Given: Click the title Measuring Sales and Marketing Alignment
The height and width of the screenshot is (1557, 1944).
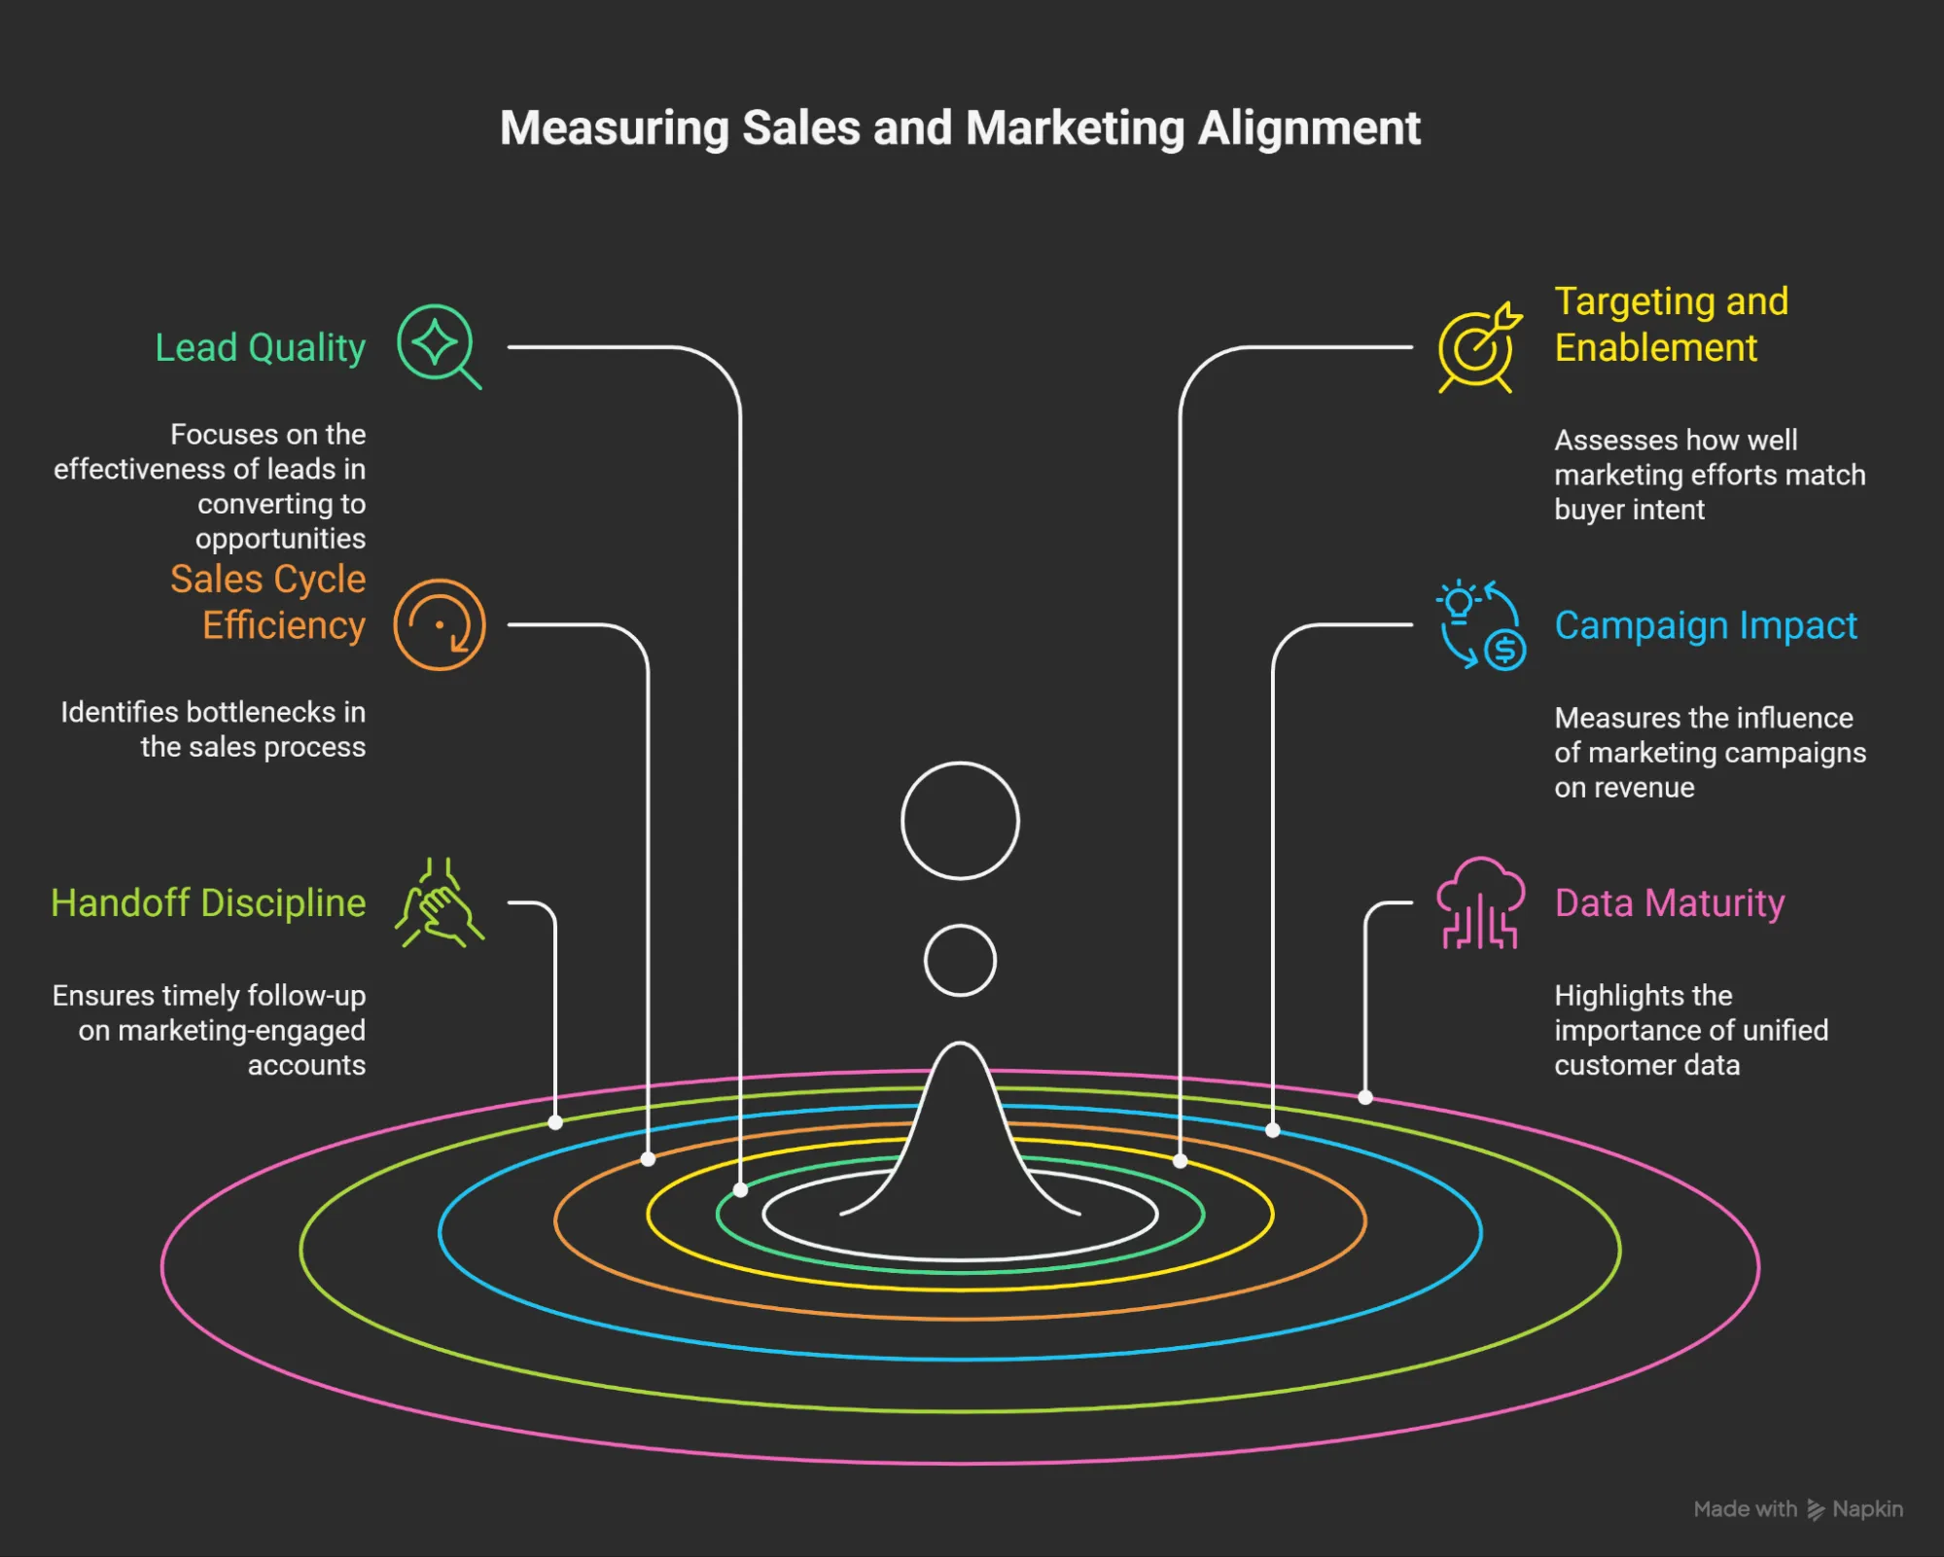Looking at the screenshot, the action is pyautogui.click(x=960, y=128).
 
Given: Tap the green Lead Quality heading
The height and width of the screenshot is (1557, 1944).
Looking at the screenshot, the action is pyautogui.click(x=260, y=347).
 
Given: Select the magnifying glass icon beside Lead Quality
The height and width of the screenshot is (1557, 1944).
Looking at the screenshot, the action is pyautogui.click(x=439, y=346).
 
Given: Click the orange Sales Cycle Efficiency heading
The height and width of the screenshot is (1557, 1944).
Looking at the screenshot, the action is pyautogui.click(x=268, y=602).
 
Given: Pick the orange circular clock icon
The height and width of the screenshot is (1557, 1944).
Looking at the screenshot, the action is pyautogui.click(x=439, y=624).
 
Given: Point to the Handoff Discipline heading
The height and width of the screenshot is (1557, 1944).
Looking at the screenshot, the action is pyautogui.click(x=208, y=902).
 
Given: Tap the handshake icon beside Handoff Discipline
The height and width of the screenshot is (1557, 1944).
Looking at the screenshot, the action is pyautogui.click(x=439, y=903).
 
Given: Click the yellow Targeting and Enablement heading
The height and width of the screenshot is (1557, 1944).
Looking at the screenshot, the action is pyautogui.click(x=1671, y=324).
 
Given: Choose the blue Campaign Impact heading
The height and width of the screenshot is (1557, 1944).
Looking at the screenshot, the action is pyautogui.click(x=1705, y=625).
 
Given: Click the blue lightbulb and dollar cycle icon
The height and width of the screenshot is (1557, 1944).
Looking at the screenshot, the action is pyautogui.click(x=1480, y=625).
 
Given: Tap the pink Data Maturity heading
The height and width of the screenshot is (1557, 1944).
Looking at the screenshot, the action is pyautogui.click(x=1669, y=902).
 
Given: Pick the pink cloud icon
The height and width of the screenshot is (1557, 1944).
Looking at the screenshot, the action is pyautogui.click(x=1480, y=902).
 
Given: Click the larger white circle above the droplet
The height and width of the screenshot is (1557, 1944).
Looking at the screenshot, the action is pyautogui.click(x=960, y=821).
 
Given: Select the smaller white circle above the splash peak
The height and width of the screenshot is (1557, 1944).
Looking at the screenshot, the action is pyautogui.click(x=960, y=961).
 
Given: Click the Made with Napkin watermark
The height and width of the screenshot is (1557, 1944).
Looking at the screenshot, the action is pyautogui.click(x=1797, y=1508).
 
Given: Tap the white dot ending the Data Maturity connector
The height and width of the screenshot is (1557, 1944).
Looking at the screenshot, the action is pyautogui.click(x=1365, y=1097).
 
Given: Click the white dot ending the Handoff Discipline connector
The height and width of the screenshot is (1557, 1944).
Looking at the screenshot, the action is pyautogui.click(x=555, y=1122).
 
